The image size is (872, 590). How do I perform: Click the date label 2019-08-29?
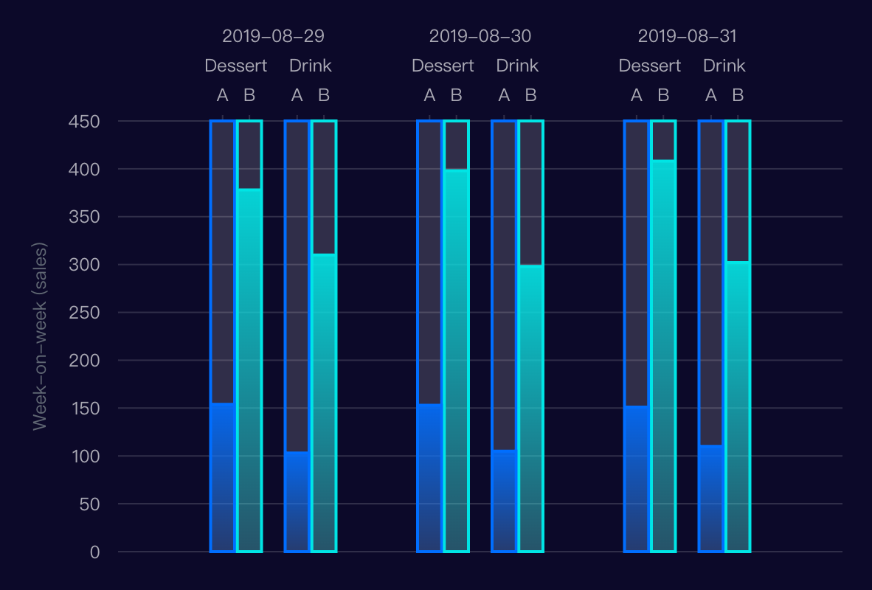pos(273,36)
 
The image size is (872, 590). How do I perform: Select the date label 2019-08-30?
pos(480,36)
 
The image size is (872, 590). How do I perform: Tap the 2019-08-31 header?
pos(687,36)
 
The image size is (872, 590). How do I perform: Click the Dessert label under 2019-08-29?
pos(236,66)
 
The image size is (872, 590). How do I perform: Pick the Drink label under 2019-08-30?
pos(517,66)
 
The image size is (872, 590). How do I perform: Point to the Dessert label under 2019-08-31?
pos(649,66)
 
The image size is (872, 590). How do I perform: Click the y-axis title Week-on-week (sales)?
pos(40,336)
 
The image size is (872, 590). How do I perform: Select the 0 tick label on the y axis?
pos(94,552)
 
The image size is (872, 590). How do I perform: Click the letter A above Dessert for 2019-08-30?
pos(429,95)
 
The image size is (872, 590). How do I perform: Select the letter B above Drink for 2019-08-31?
pos(738,95)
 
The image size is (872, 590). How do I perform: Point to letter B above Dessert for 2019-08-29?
pos(249,95)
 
